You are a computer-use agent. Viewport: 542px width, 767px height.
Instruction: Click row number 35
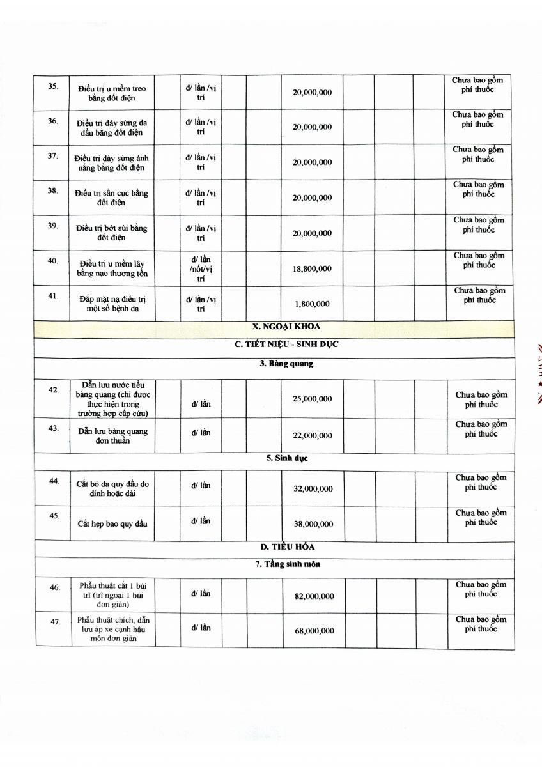(53, 86)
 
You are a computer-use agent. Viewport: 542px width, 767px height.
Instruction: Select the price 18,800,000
(312, 269)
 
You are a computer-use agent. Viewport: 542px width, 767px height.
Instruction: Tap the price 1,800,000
(313, 304)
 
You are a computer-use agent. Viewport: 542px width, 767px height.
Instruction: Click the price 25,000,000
(313, 399)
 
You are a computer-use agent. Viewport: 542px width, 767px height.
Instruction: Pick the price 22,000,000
(313, 436)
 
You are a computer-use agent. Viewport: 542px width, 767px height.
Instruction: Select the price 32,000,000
(313, 489)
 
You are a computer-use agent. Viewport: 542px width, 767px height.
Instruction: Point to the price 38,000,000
(313, 524)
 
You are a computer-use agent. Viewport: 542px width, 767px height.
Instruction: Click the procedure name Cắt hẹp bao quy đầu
(112, 524)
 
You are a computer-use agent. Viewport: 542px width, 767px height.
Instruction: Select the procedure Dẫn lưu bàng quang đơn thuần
(113, 436)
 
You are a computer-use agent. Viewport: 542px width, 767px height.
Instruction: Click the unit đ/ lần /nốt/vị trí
(201, 269)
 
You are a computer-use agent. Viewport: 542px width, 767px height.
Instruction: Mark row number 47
(55, 621)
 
